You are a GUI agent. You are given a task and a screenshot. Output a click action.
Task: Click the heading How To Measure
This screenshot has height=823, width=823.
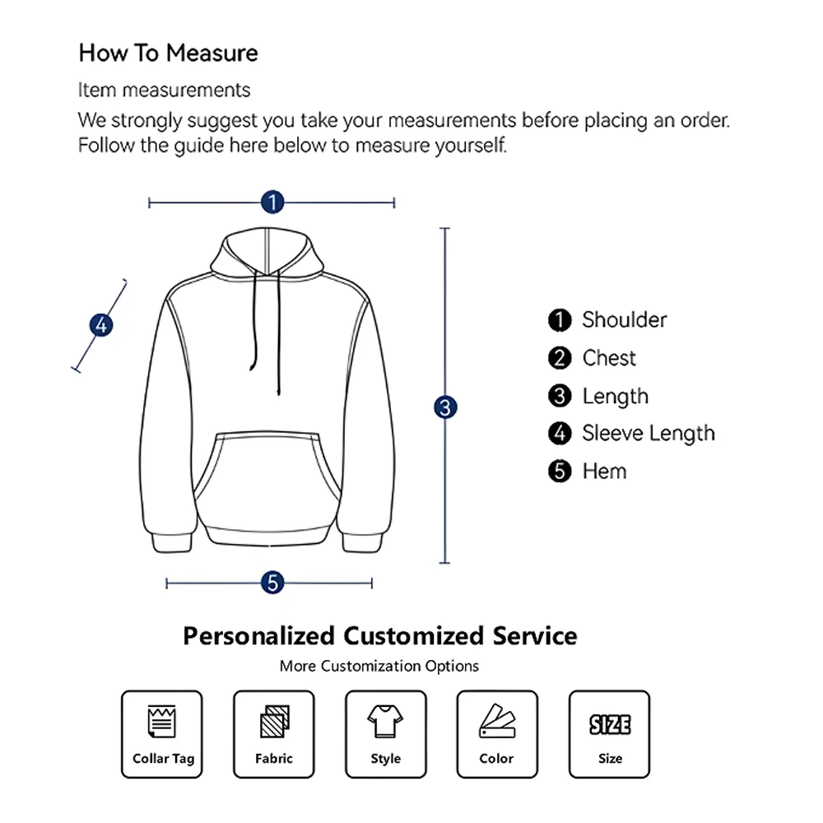(168, 53)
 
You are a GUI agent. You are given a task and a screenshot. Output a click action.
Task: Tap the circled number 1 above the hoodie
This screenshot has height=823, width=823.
(272, 202)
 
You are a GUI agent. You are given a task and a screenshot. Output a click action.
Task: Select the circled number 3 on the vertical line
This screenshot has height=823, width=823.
(445, 407)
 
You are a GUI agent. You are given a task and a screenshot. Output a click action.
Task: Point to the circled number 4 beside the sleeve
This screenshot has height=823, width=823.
(101, 325)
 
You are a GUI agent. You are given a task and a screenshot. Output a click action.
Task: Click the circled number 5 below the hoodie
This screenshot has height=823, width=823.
(272, 583)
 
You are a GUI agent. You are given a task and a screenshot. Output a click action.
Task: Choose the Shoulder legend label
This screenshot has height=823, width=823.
(624, 319)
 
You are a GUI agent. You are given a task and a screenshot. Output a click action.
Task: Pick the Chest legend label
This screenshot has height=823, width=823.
(609, 358)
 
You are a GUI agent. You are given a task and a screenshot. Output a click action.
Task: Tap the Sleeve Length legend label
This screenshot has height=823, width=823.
(648, 433)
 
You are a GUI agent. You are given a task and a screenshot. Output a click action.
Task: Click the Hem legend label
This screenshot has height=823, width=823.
(604, 471)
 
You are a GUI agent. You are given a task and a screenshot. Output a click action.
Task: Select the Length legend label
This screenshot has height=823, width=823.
(615, 396)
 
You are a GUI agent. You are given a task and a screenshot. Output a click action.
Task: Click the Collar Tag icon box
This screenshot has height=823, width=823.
(162, 734)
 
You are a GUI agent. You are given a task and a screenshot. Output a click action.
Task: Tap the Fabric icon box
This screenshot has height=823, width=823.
(274, 734)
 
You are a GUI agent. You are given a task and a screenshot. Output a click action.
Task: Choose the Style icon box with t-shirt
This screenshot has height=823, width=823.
(385, 734)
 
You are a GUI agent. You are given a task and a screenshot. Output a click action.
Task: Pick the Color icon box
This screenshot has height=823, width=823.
(497, 734)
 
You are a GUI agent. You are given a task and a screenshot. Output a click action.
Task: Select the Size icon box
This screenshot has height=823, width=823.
(609, 734)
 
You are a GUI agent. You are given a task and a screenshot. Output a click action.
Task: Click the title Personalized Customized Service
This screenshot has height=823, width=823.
(379, 635)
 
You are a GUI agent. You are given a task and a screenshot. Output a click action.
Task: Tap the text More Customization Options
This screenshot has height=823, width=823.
(379, 666)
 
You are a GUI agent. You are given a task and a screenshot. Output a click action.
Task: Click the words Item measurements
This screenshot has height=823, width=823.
(164, 89)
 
